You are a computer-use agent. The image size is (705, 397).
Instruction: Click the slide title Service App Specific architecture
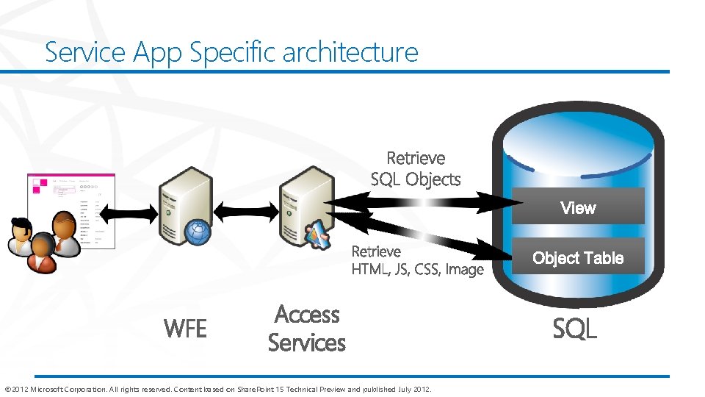pos(231,52)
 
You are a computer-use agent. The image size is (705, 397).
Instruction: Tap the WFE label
pos(185,329)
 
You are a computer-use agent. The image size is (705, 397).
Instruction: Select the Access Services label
pos(306,329)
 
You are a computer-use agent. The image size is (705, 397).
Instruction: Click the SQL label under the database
pos(574,329)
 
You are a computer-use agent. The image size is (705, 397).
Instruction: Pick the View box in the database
pos(578,207)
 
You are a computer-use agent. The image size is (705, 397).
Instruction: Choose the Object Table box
pos(578,257)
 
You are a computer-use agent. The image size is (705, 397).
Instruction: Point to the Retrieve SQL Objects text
pos(416,168)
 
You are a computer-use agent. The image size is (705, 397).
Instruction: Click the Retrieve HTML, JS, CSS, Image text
pos(417,260)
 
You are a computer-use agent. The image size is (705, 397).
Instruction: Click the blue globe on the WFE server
pos(198,232)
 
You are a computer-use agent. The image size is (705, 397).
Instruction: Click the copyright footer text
pos(218,389)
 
